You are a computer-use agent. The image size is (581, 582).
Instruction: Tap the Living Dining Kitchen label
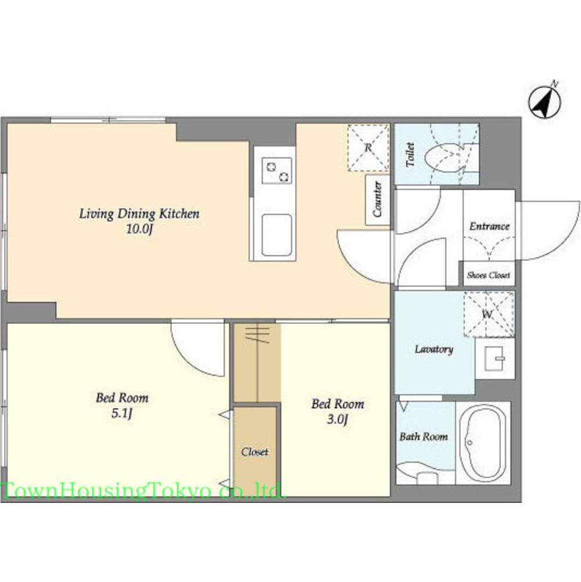coord(139,214)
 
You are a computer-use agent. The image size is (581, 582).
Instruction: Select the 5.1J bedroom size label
coord(122,413)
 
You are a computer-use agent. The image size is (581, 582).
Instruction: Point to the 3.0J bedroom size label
coord(337,419)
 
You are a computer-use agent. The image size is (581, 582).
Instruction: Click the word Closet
coord(254,452)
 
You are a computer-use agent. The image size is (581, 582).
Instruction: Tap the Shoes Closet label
coord(488,275)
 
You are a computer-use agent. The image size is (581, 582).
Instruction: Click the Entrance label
coord(489,226)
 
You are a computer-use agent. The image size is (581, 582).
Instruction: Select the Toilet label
coord(410,155)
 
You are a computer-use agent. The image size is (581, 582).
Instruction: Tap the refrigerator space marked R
coord(368,148)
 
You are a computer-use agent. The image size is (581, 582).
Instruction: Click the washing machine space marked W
coord(489,315)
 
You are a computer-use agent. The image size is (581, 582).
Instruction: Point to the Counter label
coord(377,199)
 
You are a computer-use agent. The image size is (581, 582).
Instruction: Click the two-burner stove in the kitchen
coord(277,170)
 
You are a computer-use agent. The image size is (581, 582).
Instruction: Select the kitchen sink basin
coord(277,234)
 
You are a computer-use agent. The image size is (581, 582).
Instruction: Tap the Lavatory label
coord(433,349)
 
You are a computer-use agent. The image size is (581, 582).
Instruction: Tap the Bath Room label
coord(424,437)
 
